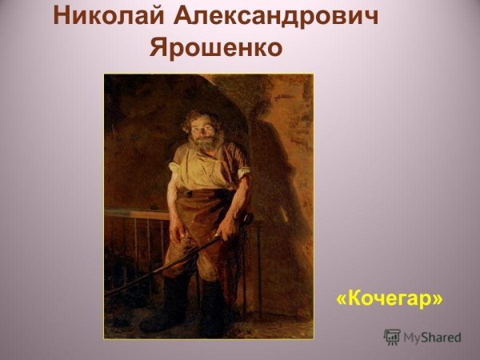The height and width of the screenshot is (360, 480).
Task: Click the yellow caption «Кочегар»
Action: pyautogui.click(x=390, y=298)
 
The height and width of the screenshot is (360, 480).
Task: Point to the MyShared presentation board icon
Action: pyautogui.click(x=392, y=337)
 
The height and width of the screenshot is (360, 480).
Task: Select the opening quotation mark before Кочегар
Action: pyautogui.click(x=342, y=299)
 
